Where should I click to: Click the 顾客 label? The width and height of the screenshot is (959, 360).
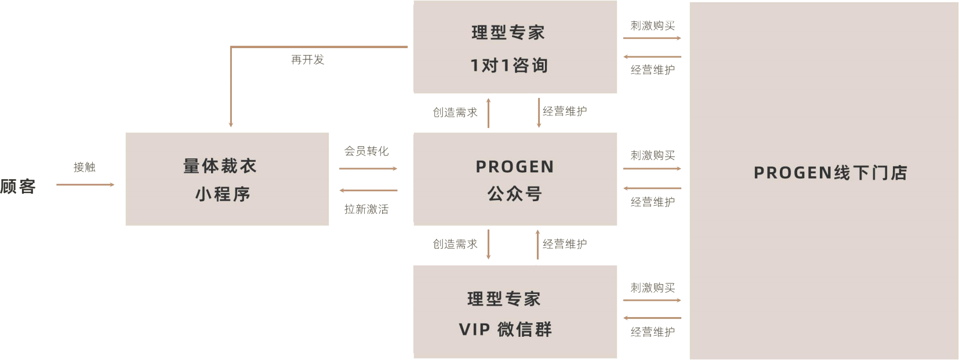pyautogui.click(x=18, y=187)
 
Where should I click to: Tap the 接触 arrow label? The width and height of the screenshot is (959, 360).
pyautogui.click(x=85, y=168)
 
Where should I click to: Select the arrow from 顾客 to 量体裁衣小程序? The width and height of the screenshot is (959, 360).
pyautogui.click(x=85, y=185)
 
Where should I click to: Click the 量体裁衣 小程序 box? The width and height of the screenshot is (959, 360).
pyautogui.click(x=227, y=179)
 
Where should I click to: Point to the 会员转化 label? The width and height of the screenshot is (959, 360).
pyautogui.click(x=366, y=151)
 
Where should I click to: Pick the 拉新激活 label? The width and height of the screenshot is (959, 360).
pyautogui.click(x=366, y=209)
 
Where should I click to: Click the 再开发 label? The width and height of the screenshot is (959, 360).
pyautogui.click(x=308, y=60)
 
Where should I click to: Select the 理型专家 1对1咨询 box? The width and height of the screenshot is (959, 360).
pyautogui.click(x=515, y=48)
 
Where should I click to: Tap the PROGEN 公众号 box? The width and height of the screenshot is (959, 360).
pyautogui.click(x=515, y=179)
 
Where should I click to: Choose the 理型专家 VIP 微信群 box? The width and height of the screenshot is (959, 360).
pyautogui.click(x=515, y=312)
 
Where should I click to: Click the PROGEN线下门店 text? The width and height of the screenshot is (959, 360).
pyautogui.click(x=830, y=173)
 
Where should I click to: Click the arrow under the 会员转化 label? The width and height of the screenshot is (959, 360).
pyautogui.click(x=368, y=169)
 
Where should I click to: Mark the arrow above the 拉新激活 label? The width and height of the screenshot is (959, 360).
pyautogui.click(x=368, y=190)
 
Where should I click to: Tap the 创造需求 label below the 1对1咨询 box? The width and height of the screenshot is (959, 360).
pyautogui.click(x=455, y=112)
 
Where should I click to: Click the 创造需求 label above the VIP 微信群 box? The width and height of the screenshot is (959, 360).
pyautogui.click(x=455, y=244)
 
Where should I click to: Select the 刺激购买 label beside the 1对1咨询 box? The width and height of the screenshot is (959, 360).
pyautogui.click(x=653, y=26)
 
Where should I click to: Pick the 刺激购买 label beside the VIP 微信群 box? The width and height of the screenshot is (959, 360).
pyautogui.click(x=653, y=288)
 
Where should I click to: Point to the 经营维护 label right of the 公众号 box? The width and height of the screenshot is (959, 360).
pyautogui.click(x=653, y=202)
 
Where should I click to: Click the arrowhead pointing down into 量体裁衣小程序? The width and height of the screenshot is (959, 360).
pyautogui.click(x=231, y=123)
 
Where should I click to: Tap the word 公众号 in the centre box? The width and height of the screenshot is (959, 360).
pyautogui.click(x=515, y=194)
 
